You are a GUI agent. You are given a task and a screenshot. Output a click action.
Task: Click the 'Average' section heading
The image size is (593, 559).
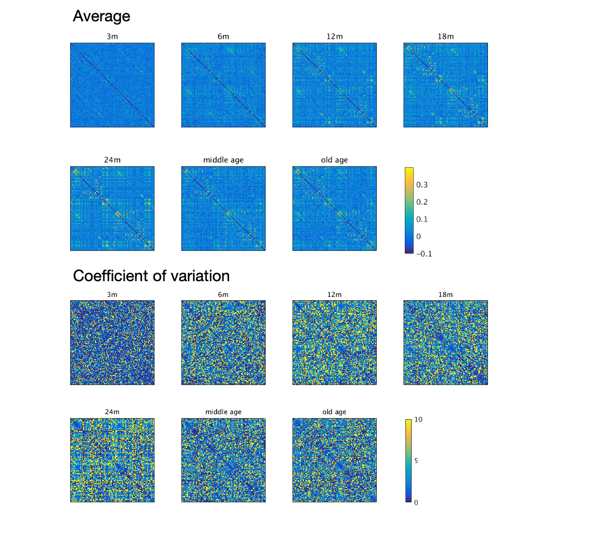pyautogui.click(x=102, y=17)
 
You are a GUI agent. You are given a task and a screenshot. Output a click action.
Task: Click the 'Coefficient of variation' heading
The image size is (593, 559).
pyautogui.click(x=151, y=276)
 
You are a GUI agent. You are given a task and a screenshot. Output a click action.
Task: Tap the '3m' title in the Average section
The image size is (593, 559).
pyautogui.click(x=112, y=37)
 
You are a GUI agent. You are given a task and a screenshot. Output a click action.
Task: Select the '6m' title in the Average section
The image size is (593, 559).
pyautogui.click(x=223, y=37)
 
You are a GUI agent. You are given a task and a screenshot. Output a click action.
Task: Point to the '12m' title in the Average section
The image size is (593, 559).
pyautogui.click(x=335, y=37)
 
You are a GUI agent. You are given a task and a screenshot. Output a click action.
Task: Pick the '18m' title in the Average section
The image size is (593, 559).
pyautogui.click(x=445, y=37)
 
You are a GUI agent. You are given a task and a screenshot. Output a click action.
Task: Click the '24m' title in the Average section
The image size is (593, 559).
pyautogui.click(x=112, y=160)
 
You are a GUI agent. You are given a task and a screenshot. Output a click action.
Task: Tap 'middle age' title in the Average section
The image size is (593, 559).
pyautogui.click(x=223, y=160)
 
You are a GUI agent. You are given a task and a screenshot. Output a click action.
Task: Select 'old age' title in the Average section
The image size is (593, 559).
pyautogui.click(x=335, y=160)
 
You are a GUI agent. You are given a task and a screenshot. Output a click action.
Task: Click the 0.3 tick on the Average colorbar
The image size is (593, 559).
pyautogui.click(x=421, y=185)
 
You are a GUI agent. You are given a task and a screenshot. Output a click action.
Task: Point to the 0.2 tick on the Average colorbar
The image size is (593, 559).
pyautogui.click(x=421, y=202)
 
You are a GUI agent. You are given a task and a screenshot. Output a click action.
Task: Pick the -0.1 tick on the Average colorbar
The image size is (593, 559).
pyautogui.click(x=423, y=254)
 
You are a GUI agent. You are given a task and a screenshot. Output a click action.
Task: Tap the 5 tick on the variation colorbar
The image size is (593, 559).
pyautogui.click(x=416, y=461)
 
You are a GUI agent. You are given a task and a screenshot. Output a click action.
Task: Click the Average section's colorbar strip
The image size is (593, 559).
pyautogui.click(x=409, y=210)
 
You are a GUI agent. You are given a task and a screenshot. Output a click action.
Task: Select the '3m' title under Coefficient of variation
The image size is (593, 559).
pyautogui.click(x=112, y=295)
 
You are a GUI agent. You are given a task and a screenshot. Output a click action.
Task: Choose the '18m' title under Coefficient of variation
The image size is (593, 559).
pyautogui.click(x=445, y=295)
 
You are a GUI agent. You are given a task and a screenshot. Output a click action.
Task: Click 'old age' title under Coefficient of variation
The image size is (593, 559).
pyautogui.click(x=335, y=412)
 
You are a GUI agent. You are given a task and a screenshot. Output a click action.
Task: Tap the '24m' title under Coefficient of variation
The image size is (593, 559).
pyautogui.click(x=112, y=412)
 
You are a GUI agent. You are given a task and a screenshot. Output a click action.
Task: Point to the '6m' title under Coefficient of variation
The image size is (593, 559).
pyautogui.click(x=223, y=295)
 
